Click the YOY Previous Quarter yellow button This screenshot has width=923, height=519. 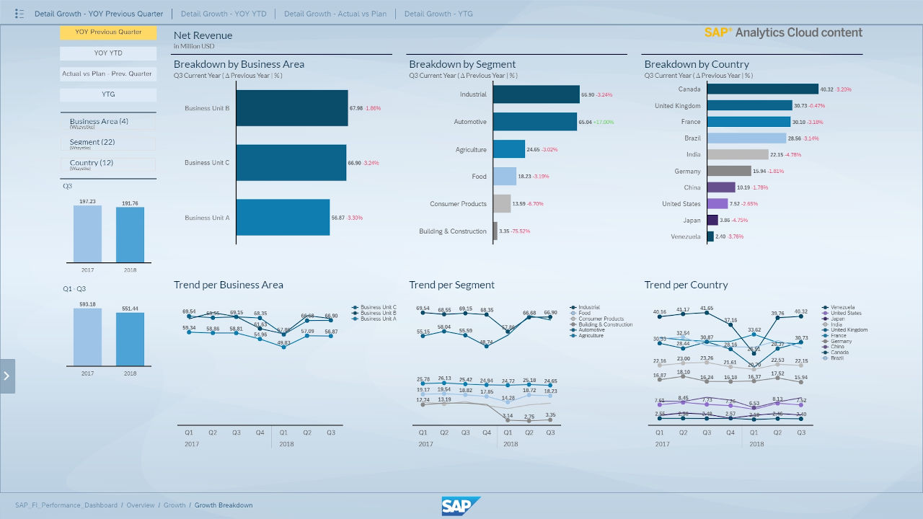(x=108, y=32)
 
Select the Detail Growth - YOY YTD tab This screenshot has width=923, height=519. (x=223, y=14)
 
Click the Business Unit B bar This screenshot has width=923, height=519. (x=292, y=108)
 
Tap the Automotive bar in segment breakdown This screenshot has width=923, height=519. (x=534, y=122)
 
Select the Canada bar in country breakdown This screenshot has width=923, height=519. (x=762, y=89)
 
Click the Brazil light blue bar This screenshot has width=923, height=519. (x=746, y=138)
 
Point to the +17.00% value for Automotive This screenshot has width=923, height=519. (x=604, y=123)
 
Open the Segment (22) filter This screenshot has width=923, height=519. (x=108, y=143)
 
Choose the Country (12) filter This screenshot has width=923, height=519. (x=108, y=164)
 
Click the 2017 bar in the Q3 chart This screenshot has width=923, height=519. (x=87, y=234)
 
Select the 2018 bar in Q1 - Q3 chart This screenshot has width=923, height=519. (x=130, y=339)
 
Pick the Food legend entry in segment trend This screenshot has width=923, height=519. (x=584, y=314)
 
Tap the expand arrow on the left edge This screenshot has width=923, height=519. (x=6, y=376)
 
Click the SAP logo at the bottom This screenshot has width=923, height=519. (x=461, y=506)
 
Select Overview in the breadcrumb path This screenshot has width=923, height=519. (x=141, y=505)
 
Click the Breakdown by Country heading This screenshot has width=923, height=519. (x=696, y=64)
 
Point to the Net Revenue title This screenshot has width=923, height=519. (x=203, y=35)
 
